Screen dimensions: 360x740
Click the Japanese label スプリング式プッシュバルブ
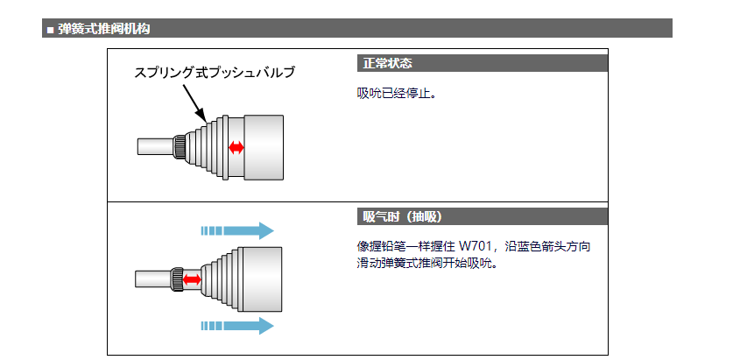click(x=215, y=73)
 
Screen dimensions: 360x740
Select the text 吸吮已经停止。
click(x=397, y=93)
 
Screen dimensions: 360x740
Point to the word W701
click(x=476, y=246)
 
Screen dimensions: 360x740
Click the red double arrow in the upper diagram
click(x=236, y=146)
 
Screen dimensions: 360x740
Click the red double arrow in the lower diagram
click(x=192, y=279)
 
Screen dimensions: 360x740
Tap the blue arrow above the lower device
click(x=237, y=231)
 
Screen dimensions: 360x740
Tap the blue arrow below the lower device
click(x=237, y=326)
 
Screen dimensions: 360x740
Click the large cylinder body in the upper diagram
click(x=264, y=146)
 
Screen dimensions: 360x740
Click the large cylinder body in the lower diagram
click(x=258, y=279)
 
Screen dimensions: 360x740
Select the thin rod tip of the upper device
click(x=152, y=146)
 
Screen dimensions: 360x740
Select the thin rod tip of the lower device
click(x=151, y=279)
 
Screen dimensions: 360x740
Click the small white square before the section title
click(x=50, y=30)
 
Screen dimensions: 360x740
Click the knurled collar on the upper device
click(x=180, y=146)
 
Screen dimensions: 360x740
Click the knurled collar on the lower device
click(x=177, y=279)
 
